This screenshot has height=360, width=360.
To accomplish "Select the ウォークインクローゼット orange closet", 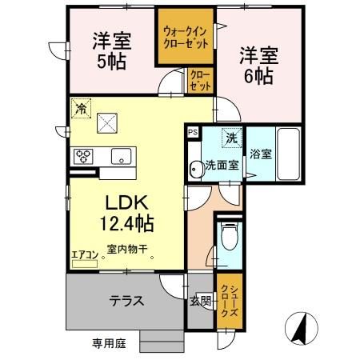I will [185, 38].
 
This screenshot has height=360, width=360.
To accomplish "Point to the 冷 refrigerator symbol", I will [80, 106].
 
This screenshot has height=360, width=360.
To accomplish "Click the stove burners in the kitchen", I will [84, 155].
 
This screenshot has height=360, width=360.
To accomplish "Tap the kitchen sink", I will [122, 155].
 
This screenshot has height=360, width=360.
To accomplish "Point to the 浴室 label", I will [259, 154].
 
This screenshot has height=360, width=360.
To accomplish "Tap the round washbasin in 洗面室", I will [194, 167].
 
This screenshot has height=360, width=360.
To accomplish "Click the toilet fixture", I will [230, 237].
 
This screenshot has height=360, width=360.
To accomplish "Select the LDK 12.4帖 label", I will [126, 210].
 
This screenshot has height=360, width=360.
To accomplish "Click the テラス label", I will [126, 301].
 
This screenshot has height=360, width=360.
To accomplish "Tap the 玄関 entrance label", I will [201, 301].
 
